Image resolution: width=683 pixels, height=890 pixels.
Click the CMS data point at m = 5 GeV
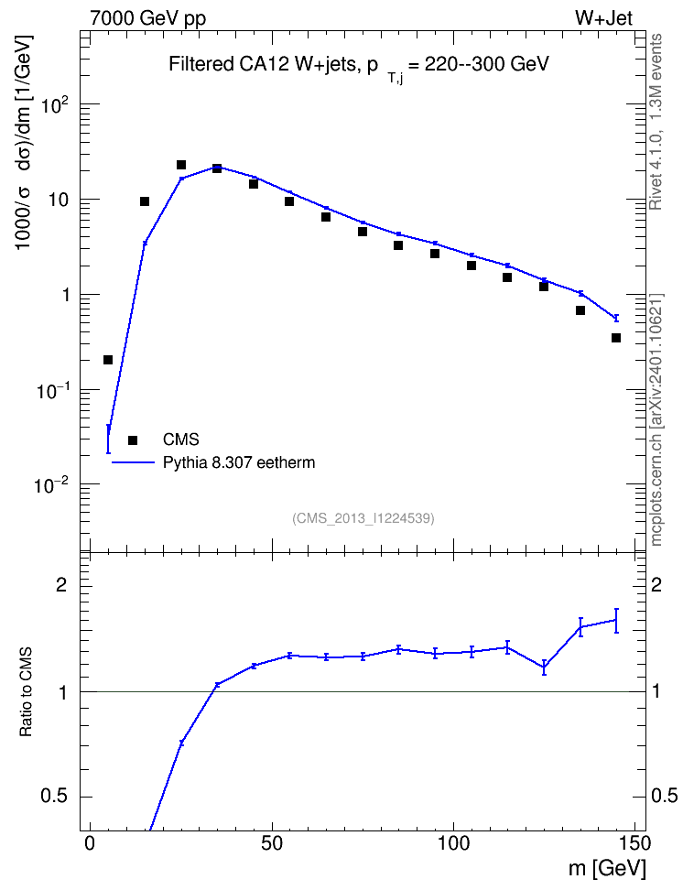[108, 360]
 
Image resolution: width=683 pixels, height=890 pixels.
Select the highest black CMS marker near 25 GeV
[181, 165]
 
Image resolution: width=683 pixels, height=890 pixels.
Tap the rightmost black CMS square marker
[616, 338]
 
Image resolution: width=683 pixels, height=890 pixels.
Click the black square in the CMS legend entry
[133, 440]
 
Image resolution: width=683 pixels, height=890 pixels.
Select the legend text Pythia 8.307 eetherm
[238, 462]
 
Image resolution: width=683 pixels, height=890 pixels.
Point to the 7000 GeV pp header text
[147, 18]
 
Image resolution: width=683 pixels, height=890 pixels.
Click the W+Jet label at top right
[603, 18]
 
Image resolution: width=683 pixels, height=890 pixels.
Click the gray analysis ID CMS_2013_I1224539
[363, 518]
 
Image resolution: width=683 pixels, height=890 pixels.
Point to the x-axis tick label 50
[272, 843]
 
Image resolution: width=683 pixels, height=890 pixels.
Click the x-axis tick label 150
[634, 843]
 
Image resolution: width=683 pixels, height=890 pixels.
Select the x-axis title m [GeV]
[607, 869]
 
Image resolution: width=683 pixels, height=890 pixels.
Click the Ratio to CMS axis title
[27, 692]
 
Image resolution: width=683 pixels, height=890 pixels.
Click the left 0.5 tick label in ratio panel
[54, 797]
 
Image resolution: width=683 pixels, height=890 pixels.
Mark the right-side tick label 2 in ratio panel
[656, 585]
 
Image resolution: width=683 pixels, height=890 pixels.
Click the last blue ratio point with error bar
[616, 621]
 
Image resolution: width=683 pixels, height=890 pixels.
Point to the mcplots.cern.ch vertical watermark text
[656, 420]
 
